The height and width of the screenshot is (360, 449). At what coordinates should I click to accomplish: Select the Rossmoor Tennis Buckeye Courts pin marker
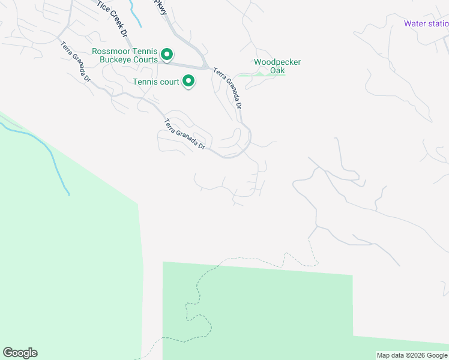(x=167, y=56)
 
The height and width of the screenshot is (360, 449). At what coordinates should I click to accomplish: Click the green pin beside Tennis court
(x=188, y=80)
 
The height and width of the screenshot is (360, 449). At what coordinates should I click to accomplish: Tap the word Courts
(x=145, y=59)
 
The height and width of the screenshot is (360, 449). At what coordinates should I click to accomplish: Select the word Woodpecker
(x=277, y=62)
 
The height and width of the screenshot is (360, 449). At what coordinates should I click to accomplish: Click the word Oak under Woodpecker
(x=277, y=71)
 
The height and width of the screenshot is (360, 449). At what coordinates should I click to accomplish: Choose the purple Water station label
(x=426, y=24)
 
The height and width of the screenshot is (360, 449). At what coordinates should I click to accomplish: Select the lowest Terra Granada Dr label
(x=184, y=135)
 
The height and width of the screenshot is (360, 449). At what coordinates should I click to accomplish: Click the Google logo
(x=20, y=353)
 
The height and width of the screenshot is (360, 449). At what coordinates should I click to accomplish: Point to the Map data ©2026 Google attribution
(x=412, y=355)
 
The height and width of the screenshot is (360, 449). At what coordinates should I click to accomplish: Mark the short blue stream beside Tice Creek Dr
(x=136, y=15)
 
